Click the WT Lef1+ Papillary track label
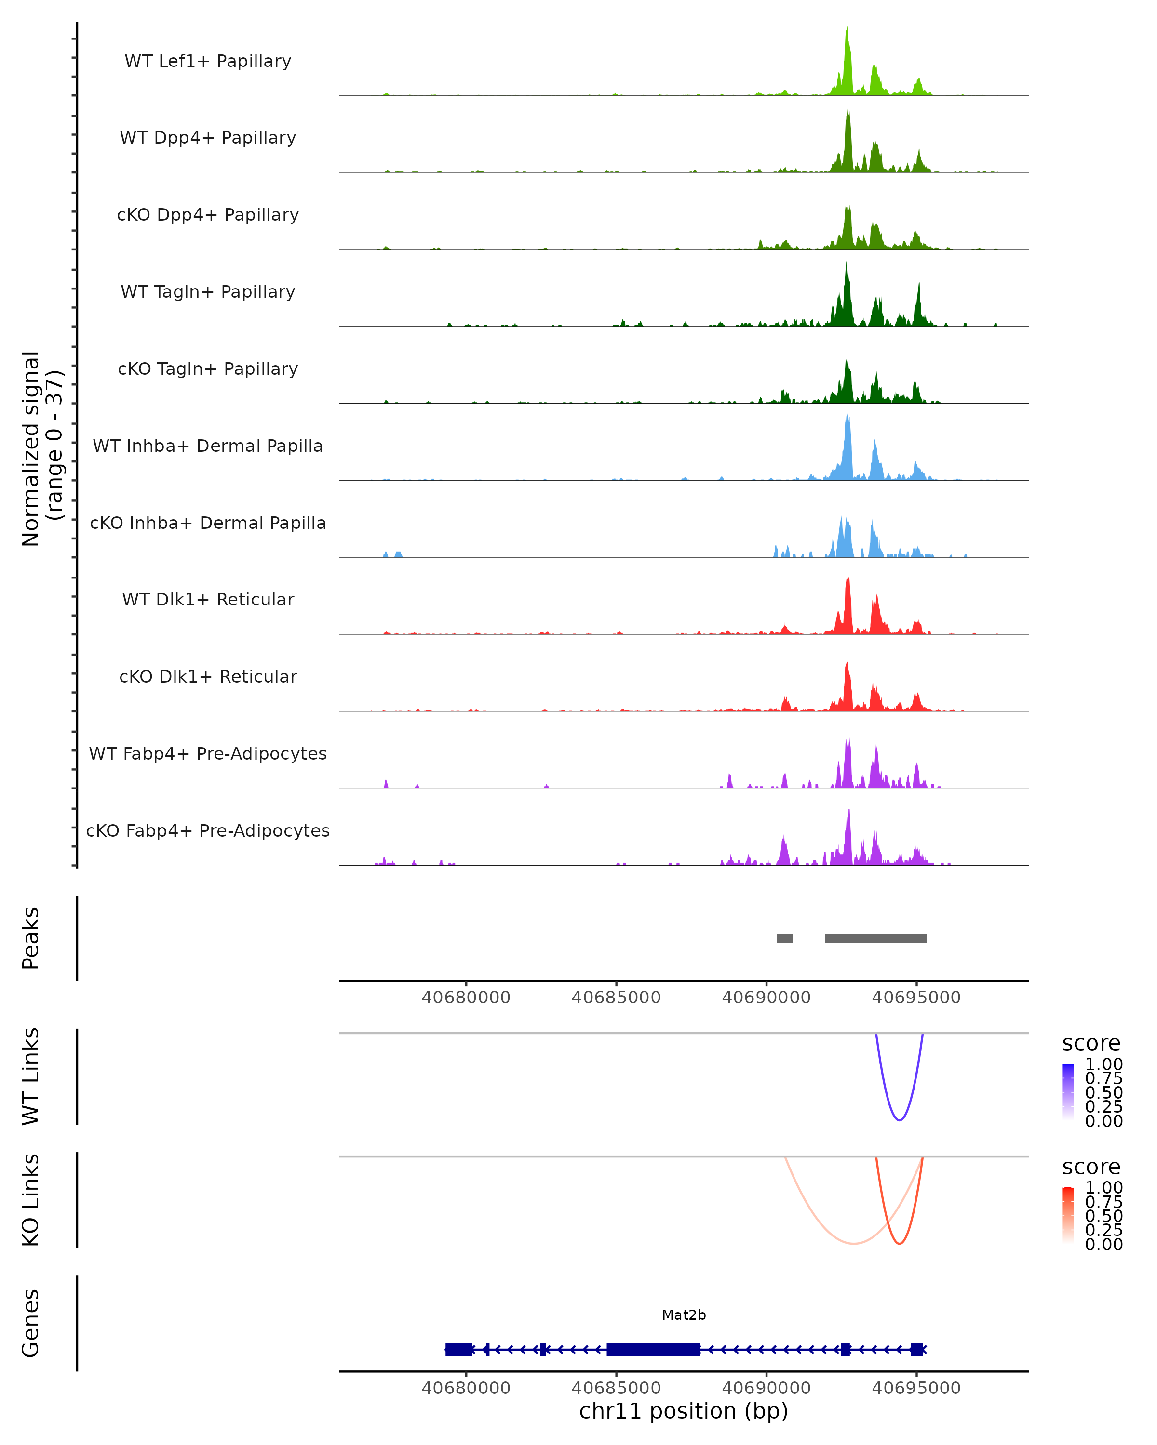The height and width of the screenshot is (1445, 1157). [208, 61]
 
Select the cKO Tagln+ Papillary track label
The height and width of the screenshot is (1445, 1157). [208, 368]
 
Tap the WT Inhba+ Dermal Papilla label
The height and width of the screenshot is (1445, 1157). [208, 446]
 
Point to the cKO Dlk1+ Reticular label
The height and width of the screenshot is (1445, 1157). [208, 676]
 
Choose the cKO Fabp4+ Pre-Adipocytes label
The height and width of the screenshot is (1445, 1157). [208, 830]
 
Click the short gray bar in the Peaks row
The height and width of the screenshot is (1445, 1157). [785, 938]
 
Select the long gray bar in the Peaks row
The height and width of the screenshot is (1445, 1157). [875, 938]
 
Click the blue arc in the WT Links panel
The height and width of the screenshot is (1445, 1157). [900, 1120]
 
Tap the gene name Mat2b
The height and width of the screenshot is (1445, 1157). [684, 1315]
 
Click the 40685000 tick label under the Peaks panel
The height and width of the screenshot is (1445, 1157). [616, 998]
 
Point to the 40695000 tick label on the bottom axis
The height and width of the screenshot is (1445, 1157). [916, 1388]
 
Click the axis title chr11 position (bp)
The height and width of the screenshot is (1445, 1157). [684, 1411]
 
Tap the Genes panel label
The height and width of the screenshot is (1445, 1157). [31, 1323]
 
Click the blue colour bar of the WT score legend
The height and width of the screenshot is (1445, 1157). [1068, 1092]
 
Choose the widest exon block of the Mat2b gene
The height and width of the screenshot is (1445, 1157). [653, 1350]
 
